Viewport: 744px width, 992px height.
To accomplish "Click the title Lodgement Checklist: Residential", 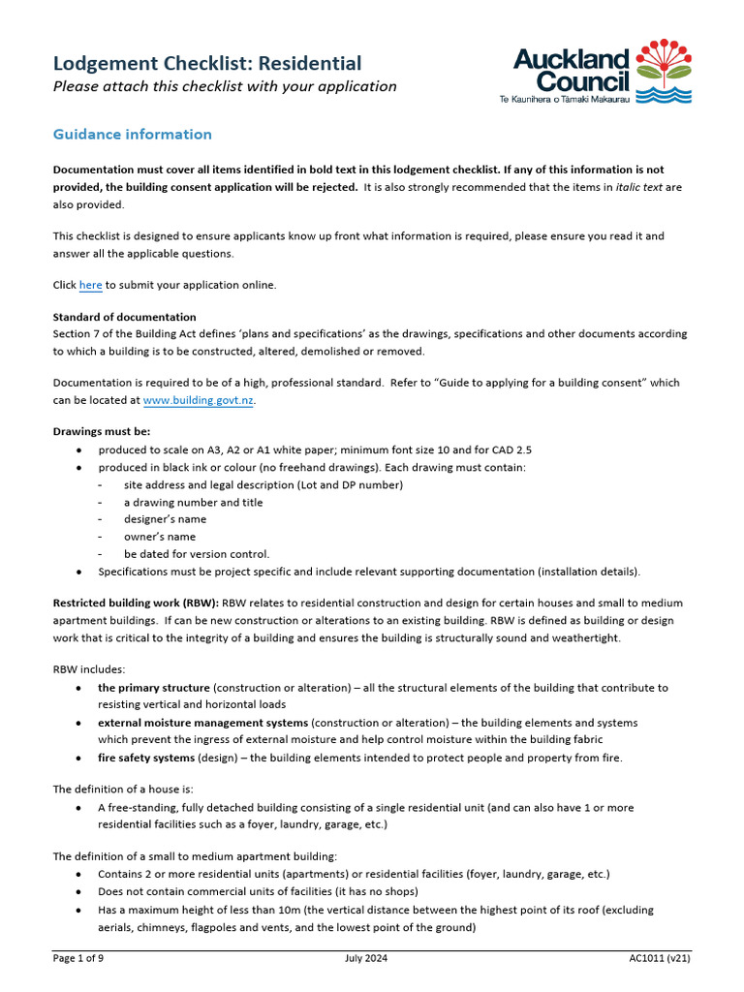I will pyautogui.click(x=206, y=64).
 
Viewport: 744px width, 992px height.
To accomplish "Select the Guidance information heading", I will pyautogui.click(x=132, y=134).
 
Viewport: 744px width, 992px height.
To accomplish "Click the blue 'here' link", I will pyautogui.click(x=90, y=285).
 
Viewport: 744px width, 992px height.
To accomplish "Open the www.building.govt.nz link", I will pyautogui.click(x=199, y=399).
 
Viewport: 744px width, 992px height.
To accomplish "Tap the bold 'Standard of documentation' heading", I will pyautogui.click(x=124, y=317).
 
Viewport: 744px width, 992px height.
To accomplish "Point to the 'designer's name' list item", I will pyautogui.click(x=165, y=519).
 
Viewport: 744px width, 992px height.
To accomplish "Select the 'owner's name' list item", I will pyautogui.click(x=159, y=537).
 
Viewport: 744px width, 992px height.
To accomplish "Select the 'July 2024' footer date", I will pyautogui.click(x=366, y=958).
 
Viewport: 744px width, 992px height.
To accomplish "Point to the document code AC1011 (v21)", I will pyautogui.click(x=659, y=958).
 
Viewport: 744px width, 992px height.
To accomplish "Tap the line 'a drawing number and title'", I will pyautogui.click(x=193, y=502).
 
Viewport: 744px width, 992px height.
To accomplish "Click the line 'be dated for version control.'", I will pyautogui.click(x=197, y=554).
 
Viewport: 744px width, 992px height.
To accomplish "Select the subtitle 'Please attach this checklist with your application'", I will pyautogui.click(x=224, y=86).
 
